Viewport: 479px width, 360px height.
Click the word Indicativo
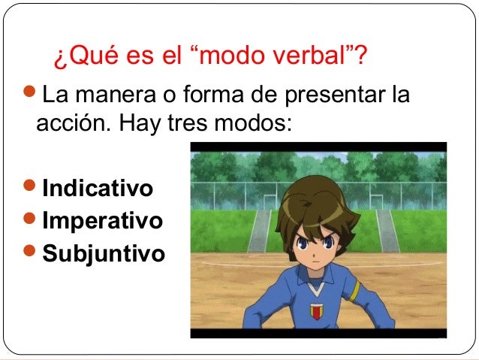[98, 187]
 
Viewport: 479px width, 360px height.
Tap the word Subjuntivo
[104, 254]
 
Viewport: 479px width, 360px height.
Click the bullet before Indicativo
[31, 186]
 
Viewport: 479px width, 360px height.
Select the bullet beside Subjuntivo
[31, 253]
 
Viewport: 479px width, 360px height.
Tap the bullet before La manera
[31, 95]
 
